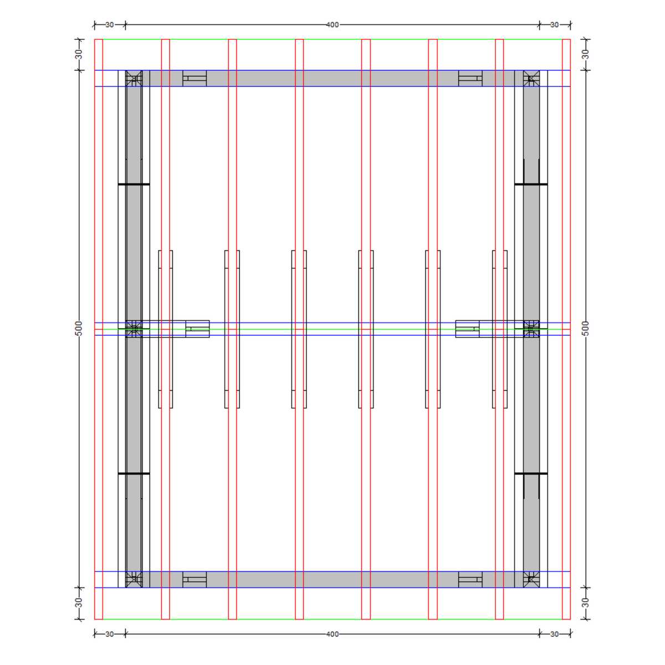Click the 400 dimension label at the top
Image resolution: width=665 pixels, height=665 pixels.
(332, 25)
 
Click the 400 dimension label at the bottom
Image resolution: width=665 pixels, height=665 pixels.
(332, 634)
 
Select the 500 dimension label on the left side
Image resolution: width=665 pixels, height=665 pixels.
(79, 329)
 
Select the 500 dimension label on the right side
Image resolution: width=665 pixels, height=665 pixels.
(585, 329)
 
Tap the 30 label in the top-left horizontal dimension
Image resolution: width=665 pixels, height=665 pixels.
(109, 25)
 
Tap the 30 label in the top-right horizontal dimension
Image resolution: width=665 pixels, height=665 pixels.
(554, 25)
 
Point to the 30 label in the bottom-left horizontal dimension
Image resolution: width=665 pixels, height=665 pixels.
(109, 634)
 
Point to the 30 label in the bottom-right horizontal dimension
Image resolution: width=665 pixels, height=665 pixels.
(554, 634)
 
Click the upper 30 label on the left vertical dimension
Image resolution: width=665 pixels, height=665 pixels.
(79, 54)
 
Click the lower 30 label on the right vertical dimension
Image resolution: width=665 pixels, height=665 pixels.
(585, 603)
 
